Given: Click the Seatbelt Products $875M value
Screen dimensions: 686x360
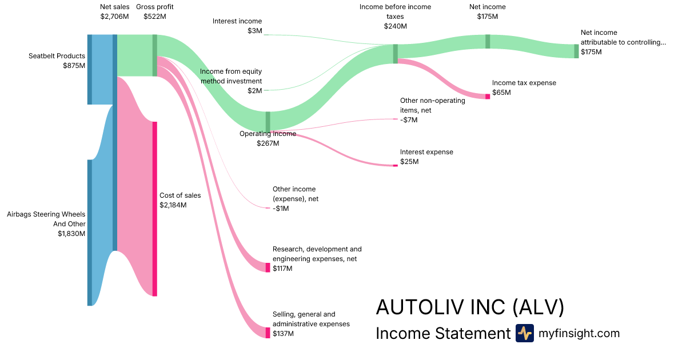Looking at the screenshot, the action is pyautogui.click(x=74, y=66).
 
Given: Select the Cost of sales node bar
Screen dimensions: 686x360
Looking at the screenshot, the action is pyautogui.click(x=154, y=209).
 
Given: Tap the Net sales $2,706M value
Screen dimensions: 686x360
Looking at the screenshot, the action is pyautogui.click(x=114, y=17).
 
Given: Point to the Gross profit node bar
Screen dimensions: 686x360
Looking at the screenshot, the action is pyautogui.click(x=154, y=55).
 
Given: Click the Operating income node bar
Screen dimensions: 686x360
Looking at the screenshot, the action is pyautogui.click(x=268, y=122).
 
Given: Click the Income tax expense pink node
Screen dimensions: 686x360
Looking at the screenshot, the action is pyautogui.click(x=488, y=97).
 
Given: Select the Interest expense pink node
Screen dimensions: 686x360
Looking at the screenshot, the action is pyautogui.click(x=395, y=165).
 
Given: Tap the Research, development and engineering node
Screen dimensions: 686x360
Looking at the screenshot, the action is pyautogui.click(x=268, y=267).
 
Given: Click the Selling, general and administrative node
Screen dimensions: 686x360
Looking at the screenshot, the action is pyautogui.click(x=268, y=333).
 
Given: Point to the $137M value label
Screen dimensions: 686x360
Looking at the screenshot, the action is pyautogui.click(x=283, y=334).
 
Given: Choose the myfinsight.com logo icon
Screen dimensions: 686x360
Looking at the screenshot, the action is pyautogui.click(x=524, y=333).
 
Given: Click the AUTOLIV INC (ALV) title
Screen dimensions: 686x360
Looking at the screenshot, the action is pyautogui.click(x=470, y=307).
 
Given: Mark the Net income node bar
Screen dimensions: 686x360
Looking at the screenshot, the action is pyautogui.click(x=488, y=41).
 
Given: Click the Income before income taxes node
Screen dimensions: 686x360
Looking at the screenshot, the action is pyautogui.click(x=395, y=54).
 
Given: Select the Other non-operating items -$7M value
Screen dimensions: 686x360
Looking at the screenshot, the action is pyautogui.click(x=409, y=120).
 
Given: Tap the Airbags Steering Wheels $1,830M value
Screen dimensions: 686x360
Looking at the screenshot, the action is pyautogui.click(x=71, y=234).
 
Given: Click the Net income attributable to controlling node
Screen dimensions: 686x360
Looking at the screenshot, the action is pyautogui.click(x=576, y=51).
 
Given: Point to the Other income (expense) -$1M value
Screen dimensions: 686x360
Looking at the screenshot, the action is pyautogui.click(x=281, y=209).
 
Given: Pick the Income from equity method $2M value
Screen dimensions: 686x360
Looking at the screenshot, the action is pyautogui.click(x=255, y=91).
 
